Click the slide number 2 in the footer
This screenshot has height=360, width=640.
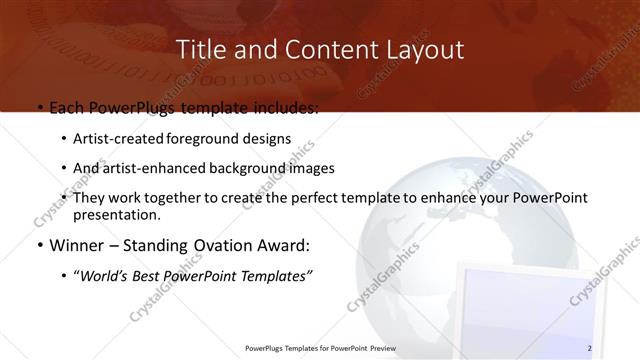[x=590, y=348]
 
